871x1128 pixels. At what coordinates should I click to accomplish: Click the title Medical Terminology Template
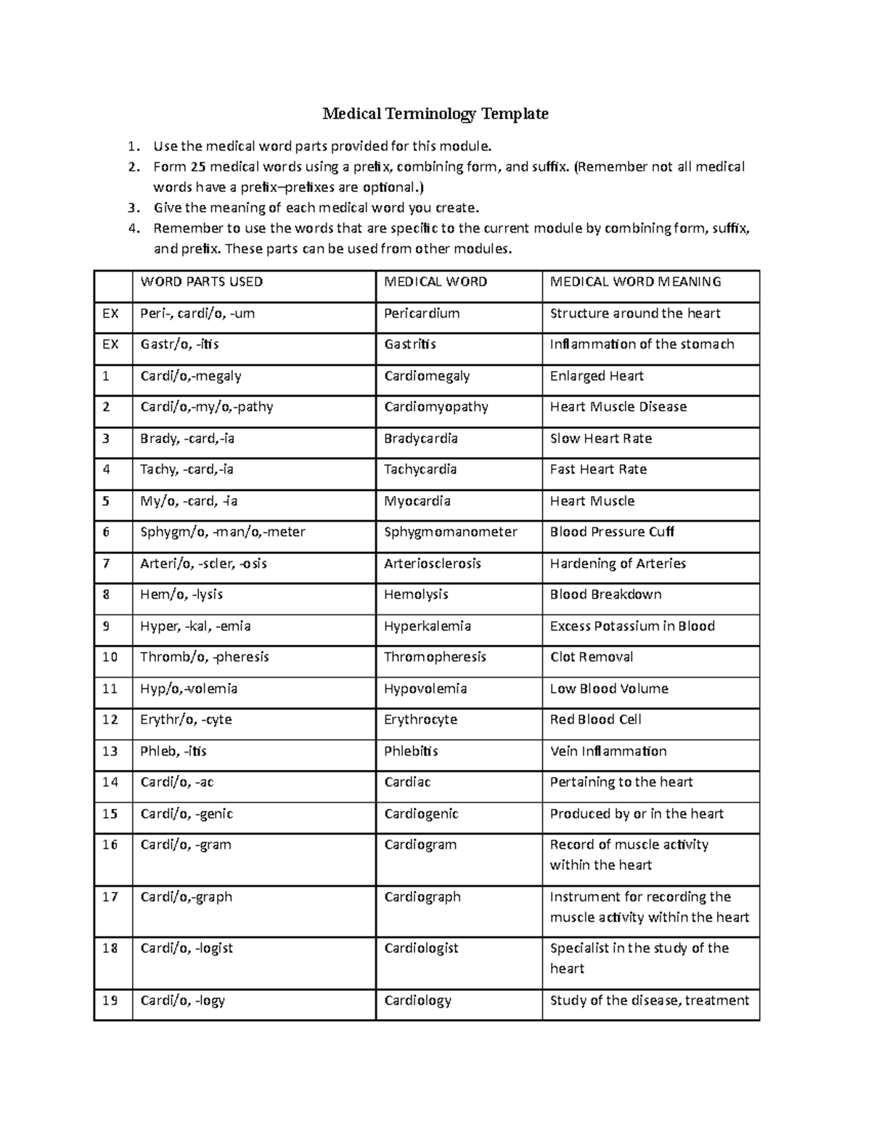pos(435,114)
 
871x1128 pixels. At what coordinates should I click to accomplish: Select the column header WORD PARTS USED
pos(201,282)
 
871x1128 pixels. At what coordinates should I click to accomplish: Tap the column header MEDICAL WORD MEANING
pos(635,282)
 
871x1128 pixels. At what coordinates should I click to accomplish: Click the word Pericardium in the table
pos(422,314)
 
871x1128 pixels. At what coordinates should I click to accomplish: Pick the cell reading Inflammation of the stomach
pos(642,344)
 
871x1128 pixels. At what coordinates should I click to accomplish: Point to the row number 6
pos(107,532)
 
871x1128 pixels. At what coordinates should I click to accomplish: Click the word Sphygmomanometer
pos(450,532)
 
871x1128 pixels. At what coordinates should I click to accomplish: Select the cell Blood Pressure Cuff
pos(612,532)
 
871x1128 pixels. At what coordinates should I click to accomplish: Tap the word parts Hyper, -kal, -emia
pos(195,626)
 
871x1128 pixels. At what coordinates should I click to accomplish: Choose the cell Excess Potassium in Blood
pos(632,626)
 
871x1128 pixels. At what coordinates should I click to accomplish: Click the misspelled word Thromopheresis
pos(435,657)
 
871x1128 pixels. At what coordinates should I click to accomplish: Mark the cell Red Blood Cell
pos(595,720)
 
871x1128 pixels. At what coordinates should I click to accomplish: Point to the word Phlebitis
pos(411,752)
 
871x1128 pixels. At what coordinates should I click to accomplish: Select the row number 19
pos(110,1001)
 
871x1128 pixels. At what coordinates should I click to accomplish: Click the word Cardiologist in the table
pos(421,949)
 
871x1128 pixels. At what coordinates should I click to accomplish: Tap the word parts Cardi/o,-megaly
pos(190,376)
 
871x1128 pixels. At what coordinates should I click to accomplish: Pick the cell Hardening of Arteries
pos(618,564)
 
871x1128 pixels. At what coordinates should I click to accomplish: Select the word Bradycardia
pos(420,439)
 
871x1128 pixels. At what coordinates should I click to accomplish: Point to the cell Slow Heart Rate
pos(600,439)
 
